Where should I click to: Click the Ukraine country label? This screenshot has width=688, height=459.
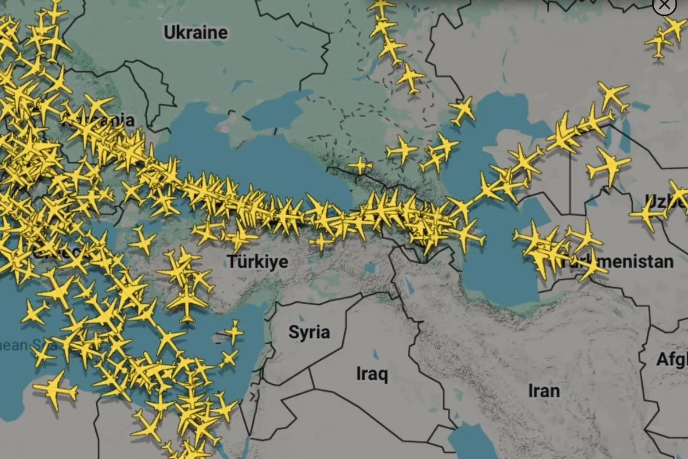click(196, 32)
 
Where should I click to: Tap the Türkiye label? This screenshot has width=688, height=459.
click(257, 262)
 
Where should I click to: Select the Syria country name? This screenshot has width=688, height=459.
click(309, 332)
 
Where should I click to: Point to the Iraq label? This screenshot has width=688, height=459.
click(372, 374)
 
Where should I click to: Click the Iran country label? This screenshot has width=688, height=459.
click(544, 391)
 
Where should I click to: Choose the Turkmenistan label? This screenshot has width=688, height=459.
click(622, 262)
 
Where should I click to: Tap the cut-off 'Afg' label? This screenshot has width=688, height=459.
click(672, 360)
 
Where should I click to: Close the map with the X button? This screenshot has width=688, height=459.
click(664, 5)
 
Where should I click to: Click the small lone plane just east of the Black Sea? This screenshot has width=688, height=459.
click(359, 165)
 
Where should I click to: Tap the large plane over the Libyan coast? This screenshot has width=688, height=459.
click(55, 391)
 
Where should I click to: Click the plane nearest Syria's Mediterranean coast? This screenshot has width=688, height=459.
click(234, 332)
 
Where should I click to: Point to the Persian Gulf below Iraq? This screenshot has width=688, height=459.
click(470, 442)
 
